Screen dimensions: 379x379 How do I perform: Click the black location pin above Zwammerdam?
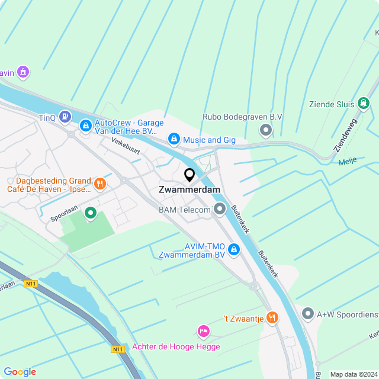pyautogui.click(x=189, y=175)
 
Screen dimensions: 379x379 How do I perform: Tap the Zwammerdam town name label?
pyautogui.click(x=189, y=189)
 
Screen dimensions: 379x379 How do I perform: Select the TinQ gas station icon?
pyautogui.click(x=65, y=117)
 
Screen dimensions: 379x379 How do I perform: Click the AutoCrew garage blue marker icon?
pyautogui.click(x=86, y=126)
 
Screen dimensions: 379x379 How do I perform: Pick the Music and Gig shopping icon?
pyautogui.click(x=174, y=139)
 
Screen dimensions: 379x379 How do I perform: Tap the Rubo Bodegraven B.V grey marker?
pyautogui.click(x=266, y=130)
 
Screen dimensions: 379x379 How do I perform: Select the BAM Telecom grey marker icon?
pyautogui.click(x=220, y=209)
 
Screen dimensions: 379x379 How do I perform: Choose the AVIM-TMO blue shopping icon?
pyautogui.click(x=234, y=250)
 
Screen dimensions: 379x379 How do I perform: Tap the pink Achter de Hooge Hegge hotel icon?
pyautogui.click(x=203, y=330)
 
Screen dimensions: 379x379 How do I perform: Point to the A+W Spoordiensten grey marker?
pyautogui.click(x=307, y=314)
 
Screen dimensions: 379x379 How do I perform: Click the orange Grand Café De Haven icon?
pyautogui.click(x=99, y=184)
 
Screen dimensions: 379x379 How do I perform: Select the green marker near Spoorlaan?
pyautogui.click(x=91, y=212)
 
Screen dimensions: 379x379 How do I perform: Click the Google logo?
pyautogui.click(x=20, y=371)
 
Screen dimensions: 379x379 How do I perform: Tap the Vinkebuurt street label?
pyautogui.click(x=126, y=146)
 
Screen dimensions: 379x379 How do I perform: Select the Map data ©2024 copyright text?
pyautogui.click(x=353, y=374)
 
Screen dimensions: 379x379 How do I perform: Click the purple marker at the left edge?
pyautogui.click(x=23, y=72)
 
